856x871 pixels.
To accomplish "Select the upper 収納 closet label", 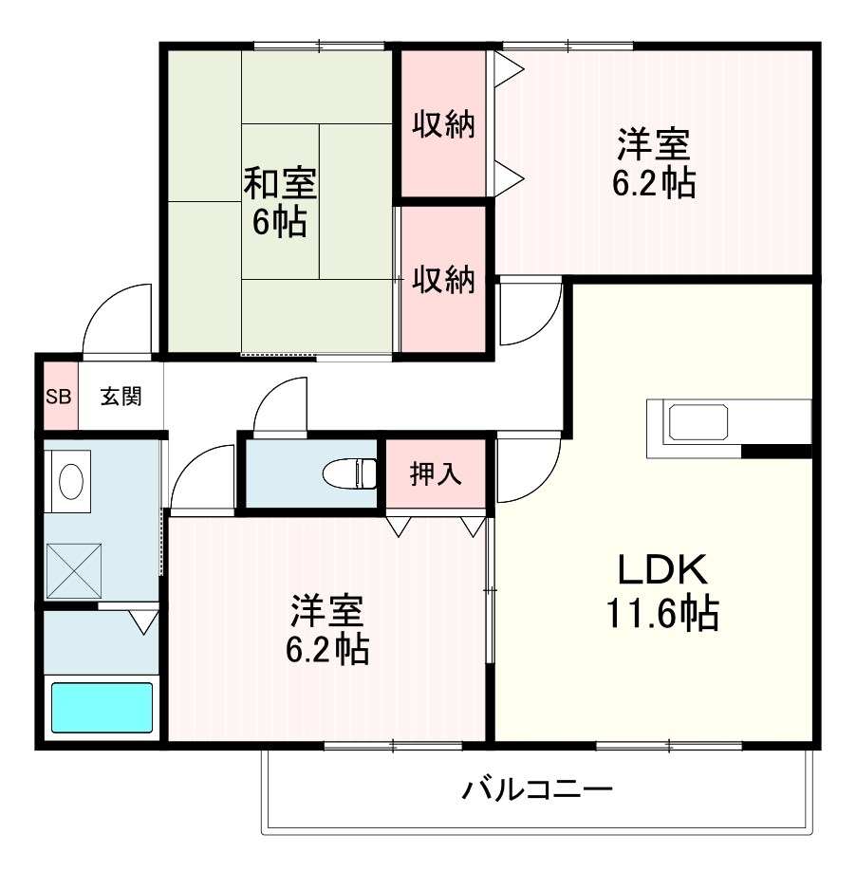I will click(443, 125).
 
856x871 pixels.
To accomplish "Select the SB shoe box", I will click(59, 397).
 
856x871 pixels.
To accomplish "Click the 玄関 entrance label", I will click(121, 397).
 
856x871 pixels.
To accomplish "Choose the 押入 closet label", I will click(436, 473).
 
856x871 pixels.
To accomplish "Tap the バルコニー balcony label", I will click(537, 789).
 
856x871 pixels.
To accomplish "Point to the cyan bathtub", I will click(102, 708).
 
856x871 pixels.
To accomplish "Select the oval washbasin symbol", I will click(71, 482).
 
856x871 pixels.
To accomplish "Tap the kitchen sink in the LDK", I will click(699, 421).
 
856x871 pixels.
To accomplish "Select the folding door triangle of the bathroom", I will click(143, 622).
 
